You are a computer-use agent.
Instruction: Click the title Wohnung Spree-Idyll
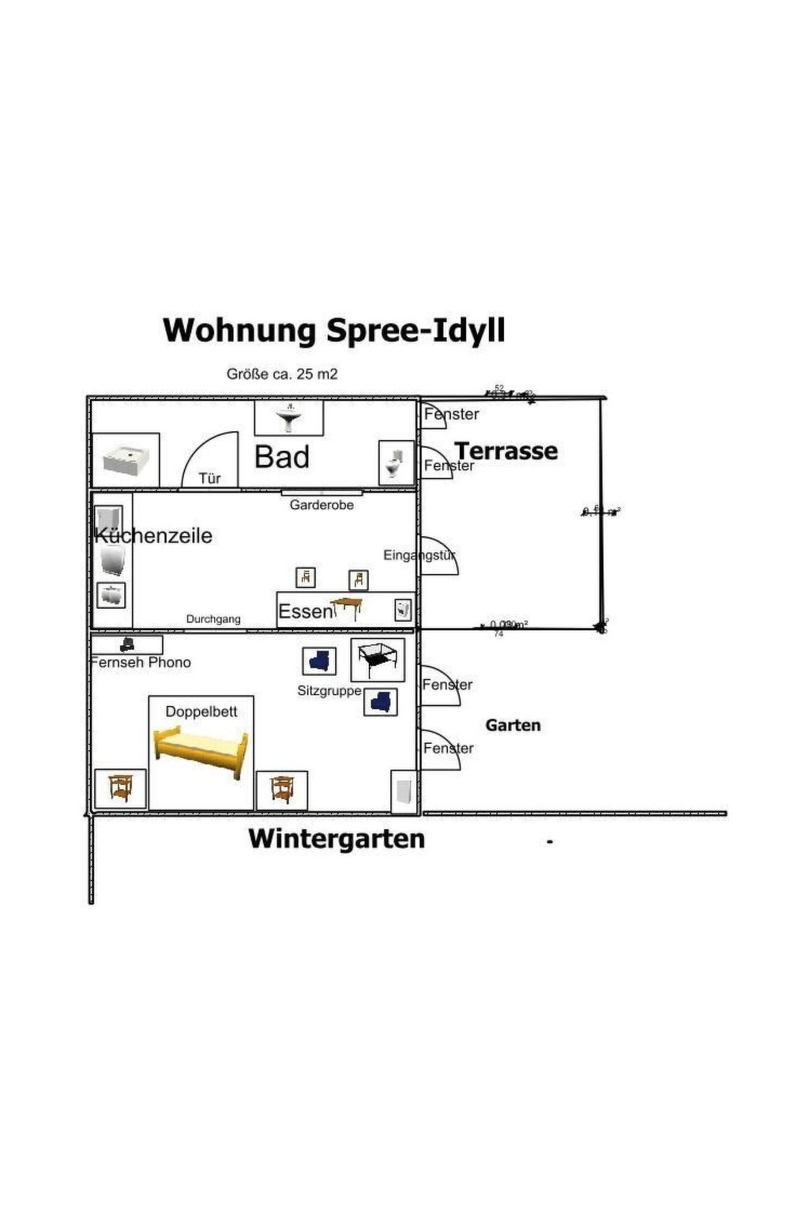click(333, 330)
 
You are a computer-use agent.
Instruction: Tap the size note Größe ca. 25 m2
click(282, 374)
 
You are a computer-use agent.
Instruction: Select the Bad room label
click(282, 457)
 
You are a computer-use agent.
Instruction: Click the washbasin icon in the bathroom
click(289, 418)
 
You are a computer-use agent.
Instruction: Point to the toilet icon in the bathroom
click(395, 463)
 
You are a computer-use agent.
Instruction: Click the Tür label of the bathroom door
click(209, 479)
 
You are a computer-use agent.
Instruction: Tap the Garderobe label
click(322, 505)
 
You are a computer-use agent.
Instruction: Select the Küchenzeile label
click(153, 535)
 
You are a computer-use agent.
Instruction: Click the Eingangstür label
click(420, 555)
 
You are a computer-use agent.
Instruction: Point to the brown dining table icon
click(347, 606)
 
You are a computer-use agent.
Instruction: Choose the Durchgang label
click(213, 619)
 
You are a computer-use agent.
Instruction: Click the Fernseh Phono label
click(141, 663)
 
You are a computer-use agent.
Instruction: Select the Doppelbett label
click(201, 712)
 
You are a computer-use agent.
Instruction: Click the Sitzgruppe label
click(329, 691)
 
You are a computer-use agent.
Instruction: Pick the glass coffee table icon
click(378, 659)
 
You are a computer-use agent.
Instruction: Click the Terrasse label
click(506, 451)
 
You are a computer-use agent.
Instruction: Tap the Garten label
click(513, 725)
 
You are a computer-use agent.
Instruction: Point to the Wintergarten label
click(337, 839)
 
